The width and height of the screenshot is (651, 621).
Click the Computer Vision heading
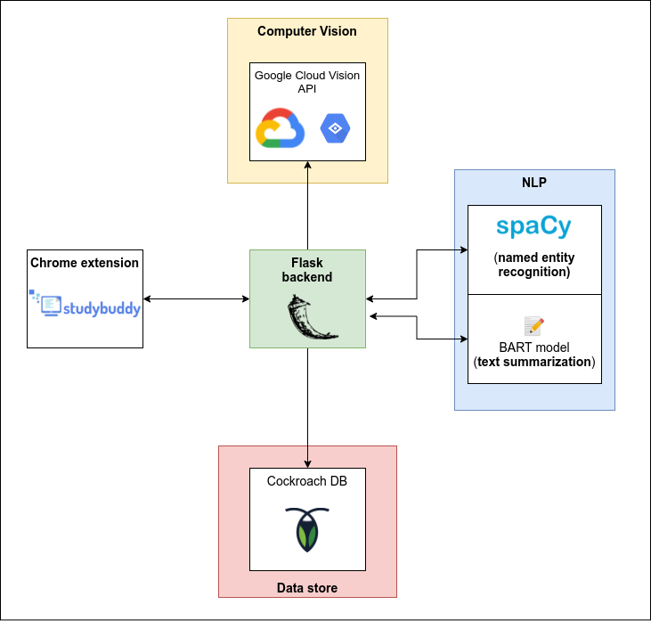307,31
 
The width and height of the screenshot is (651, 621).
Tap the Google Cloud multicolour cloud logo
280,128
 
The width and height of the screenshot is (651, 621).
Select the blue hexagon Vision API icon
335,129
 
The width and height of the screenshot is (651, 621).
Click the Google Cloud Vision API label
307,82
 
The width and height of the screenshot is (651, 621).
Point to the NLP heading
534,183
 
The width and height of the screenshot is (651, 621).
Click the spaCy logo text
533,227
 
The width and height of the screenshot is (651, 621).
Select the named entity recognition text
533,265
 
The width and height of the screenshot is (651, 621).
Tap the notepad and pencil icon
533,325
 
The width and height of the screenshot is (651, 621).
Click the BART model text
533,347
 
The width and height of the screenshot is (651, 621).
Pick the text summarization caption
533,362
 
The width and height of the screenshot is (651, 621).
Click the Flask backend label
307,270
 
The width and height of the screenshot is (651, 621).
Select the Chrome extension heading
85,263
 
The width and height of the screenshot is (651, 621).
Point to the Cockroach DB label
307,481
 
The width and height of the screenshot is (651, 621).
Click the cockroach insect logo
307,529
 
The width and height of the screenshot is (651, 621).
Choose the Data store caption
307,588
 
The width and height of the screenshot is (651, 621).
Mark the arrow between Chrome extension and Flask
196,298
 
